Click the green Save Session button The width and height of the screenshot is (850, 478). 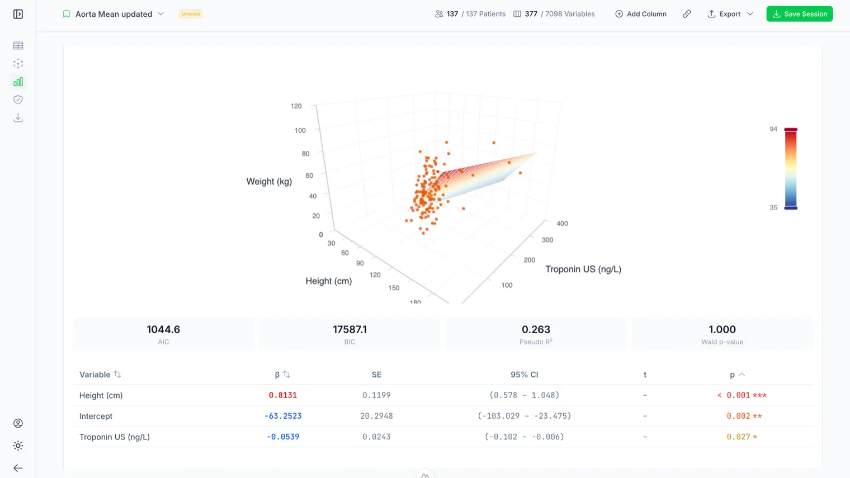tap(799, 14)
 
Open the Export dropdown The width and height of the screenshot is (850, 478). tap(730, 14)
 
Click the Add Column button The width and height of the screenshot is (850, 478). tap(640, 14)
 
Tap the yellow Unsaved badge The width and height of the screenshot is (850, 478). tap(191, 14)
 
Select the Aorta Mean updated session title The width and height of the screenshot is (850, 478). tap(114, 14)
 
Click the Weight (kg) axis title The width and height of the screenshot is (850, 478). tap(269, 181)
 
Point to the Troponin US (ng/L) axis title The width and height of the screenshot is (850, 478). tap(583, 269)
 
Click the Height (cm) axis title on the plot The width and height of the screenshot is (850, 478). tap(329, 281)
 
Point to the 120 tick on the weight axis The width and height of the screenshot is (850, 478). tap(296, 106)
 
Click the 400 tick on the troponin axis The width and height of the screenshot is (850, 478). tap(562, 224)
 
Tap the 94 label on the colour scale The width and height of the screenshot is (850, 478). tap(773, 129)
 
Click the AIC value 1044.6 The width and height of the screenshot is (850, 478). tap(163, 329)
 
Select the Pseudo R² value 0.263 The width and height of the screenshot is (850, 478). tap(536, 329)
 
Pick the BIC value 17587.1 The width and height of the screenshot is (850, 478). tap(350, 329)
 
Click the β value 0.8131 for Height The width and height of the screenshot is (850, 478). tap(283, 395)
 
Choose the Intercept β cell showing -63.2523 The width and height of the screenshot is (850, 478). tap(283, 416)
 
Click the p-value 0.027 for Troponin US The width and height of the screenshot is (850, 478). tap(738, 437)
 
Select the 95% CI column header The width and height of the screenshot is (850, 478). tap(524, 375)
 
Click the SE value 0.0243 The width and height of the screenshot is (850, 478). tap(376, 437)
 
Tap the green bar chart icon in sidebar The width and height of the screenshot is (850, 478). tap(18, 82)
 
